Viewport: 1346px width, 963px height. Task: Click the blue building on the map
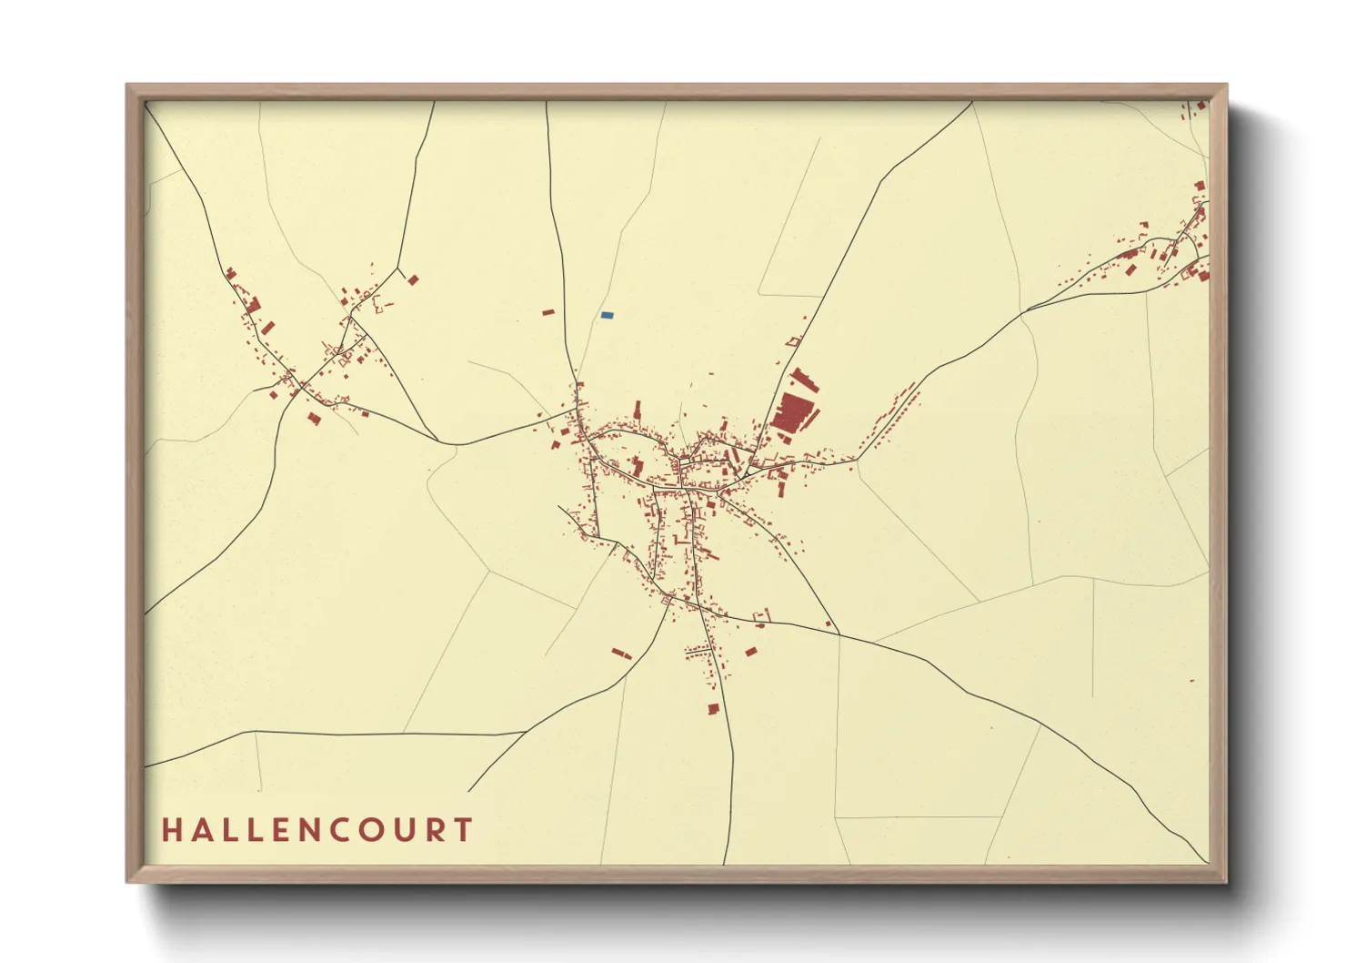607,315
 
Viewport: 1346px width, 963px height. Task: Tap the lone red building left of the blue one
548,312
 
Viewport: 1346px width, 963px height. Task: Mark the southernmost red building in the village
714,708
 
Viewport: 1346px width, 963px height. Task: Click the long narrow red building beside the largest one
804,380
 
